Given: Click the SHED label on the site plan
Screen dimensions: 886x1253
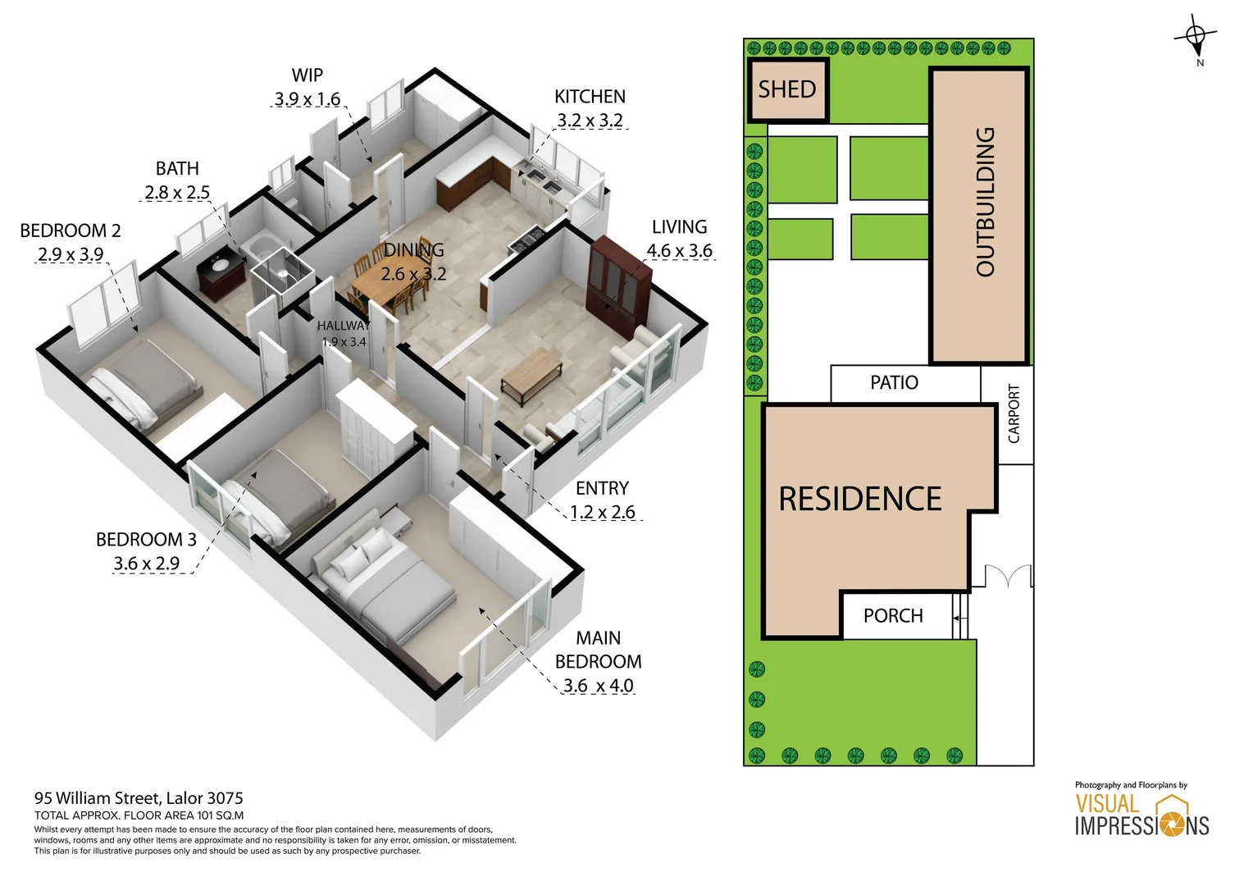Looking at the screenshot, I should (x=786, y=89).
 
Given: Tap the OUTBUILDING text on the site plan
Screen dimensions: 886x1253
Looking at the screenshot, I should (x=985, y=202).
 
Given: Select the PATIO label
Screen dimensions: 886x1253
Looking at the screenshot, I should (x=894, y=382).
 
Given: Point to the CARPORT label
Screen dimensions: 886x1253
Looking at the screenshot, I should (x=1014, y=414).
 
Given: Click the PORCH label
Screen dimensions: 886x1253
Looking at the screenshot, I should (x=893, y=615).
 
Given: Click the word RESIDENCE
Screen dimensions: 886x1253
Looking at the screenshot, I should (x=860, y=499).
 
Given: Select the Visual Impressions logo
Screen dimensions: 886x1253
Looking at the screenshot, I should (x=1142, y=815).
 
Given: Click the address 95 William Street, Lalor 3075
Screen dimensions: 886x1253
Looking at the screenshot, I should (x=139, y=798).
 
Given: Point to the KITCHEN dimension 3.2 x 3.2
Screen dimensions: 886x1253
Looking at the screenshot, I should (x=590, y=121).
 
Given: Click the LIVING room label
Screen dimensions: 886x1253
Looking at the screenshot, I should (x=679, y=226).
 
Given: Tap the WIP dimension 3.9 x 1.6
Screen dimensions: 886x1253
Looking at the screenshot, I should (x=307, y=99).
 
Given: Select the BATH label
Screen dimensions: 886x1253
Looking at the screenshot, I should (x=177, y=168).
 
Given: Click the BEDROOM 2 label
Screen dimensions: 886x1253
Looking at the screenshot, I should (x=71, y=231).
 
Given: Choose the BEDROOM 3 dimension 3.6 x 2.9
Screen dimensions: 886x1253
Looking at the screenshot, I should (x=146, y=564).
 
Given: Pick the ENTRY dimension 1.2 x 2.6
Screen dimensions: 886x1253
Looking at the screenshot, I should (x=603, y=513).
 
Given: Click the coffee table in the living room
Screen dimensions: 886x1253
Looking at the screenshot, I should (x=531, y=373).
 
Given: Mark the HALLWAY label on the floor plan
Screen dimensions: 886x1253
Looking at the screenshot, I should (x=343, y=326).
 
